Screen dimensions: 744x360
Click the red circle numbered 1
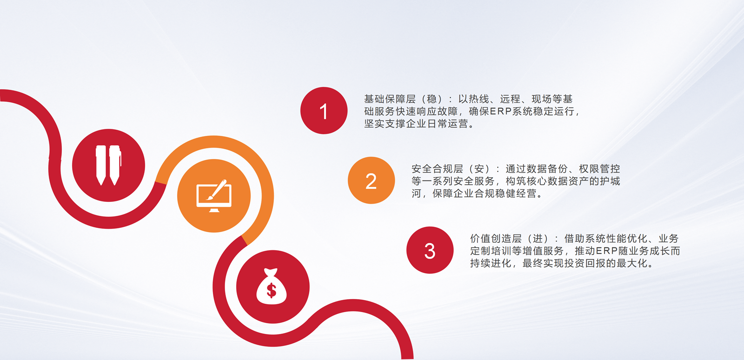point(324,111)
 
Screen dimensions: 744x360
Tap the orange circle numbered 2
point(372,180)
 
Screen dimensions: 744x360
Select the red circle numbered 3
point(430,250)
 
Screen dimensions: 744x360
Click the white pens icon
point(109,165)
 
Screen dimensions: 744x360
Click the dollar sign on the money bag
point(272,290)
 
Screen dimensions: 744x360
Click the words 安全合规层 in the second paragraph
point(437,169)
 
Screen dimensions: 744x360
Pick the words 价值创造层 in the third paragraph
point(496,239)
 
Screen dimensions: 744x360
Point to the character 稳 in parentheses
point(432,99)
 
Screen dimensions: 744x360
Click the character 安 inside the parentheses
point(479,169)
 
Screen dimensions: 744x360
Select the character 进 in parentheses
point(538,239)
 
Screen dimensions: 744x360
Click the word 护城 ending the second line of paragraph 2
point(610,181)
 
